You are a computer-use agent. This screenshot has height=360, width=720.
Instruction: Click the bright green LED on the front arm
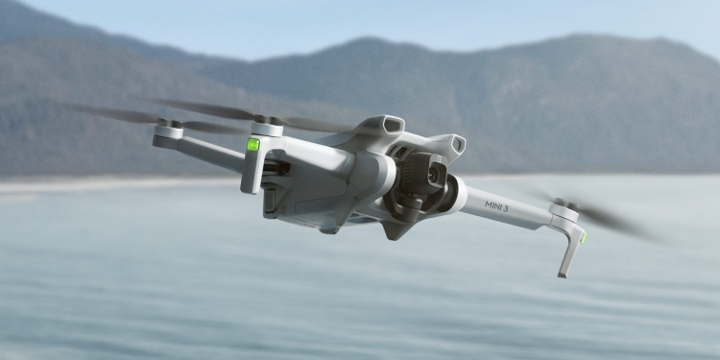click(x=253, y=144)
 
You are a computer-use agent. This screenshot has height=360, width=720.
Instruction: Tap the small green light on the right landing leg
click(x=584, y=237)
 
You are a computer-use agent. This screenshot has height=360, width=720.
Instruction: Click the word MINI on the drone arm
click(x=492, y=204)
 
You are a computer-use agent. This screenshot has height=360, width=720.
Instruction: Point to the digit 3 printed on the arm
click(x=505, y=208)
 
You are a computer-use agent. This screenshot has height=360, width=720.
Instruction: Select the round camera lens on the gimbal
click(x=433, y=174)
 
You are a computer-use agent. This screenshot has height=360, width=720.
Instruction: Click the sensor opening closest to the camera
click(x=458, y=145)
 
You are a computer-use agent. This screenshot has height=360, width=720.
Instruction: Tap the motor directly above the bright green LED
click(x=267, y=129)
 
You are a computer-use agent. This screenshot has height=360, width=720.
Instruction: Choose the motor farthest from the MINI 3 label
click(x=168, y=130)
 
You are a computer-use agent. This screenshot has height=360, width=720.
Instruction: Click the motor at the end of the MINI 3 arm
click(x=564, y=212)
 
